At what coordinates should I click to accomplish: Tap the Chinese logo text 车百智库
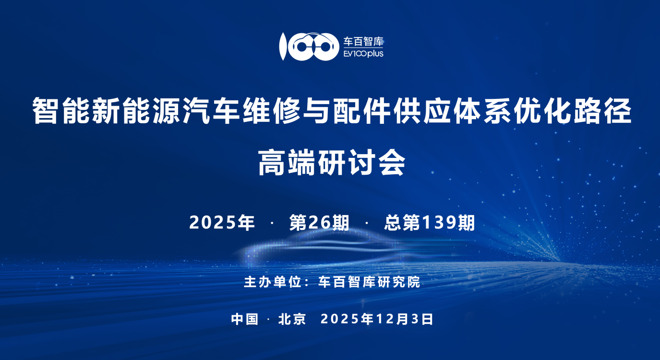[x=363, y=42]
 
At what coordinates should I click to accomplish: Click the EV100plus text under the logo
[x=363, y=54]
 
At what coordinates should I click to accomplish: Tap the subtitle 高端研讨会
[x=332, y=163]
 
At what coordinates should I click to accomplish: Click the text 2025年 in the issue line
[x=222, y=222]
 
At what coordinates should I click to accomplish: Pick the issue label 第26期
[x=319, y=222]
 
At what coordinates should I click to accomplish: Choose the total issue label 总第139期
[x=429, y=222]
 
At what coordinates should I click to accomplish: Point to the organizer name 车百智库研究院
[x=369, y=282]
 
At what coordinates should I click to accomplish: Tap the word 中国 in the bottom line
[x=244, y=319]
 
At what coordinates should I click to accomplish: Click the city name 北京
[x=292, y=319]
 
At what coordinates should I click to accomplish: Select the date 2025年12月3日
[x=376, y=319]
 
